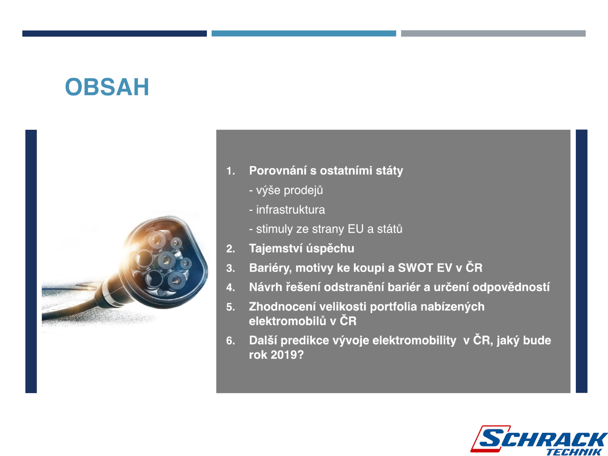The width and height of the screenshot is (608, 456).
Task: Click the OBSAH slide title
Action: (107, 87)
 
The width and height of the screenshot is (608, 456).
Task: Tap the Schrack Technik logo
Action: (538, 440)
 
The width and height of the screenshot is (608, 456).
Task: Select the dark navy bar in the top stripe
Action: (114, 33)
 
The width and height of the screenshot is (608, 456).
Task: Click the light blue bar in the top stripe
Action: (304, 33)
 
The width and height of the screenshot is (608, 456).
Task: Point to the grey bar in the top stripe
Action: (493, 33)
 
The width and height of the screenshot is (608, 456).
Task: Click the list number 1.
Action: (230, 171)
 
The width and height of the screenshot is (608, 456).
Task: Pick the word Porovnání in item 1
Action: (278, 170)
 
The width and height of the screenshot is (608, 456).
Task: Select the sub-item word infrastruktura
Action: (290, 210)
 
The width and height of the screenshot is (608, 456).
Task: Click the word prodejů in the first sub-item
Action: (303, 190)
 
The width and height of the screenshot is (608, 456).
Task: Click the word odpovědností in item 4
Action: (511, 287)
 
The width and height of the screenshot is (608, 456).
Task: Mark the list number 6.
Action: (230, 340)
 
